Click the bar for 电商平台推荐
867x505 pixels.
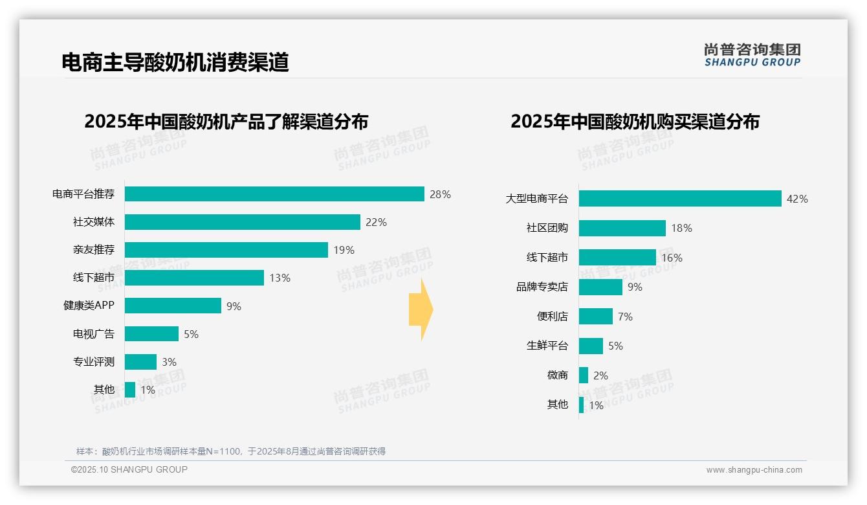[274, 194]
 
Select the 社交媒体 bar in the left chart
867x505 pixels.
[242, 222]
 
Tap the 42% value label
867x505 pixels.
[796, 199]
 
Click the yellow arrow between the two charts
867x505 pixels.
[421, 310]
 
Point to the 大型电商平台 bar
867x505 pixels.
[680, 199]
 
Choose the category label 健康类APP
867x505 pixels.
[89, 306]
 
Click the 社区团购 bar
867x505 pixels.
[622, 228]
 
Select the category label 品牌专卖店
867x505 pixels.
[542, 287]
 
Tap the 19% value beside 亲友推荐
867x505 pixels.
[344, 250]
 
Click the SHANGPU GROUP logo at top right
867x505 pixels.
[752, 55]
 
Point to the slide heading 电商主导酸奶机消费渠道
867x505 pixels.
[175, 62]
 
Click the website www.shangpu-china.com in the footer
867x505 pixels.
[754, 470]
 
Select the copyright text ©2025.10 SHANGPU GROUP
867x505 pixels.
[129, 469]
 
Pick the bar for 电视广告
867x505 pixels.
[151, 334]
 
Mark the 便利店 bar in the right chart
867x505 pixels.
[595, 317]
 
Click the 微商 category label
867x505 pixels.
[557, 376]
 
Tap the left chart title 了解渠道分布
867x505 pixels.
[226, 122]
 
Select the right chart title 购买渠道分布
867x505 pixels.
[634, 122]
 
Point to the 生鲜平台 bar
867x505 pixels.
[591, 346]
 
